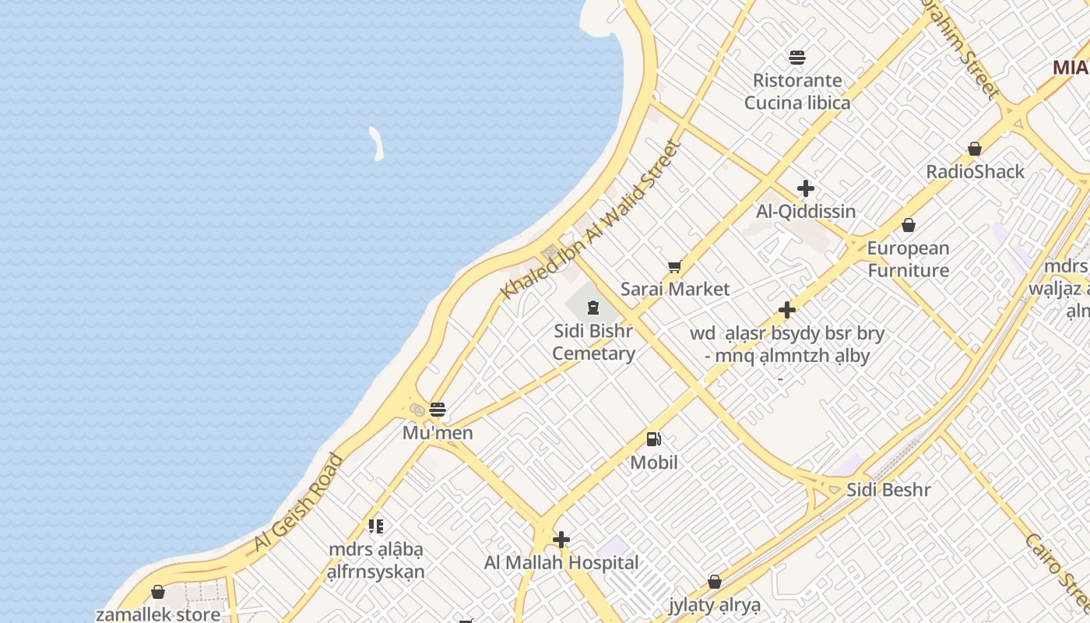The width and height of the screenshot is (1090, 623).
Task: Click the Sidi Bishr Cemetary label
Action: tap(593, 342)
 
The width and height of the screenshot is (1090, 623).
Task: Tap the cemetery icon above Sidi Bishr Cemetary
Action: tap(593, 307)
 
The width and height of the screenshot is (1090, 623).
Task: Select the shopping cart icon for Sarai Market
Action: tap(674, 267)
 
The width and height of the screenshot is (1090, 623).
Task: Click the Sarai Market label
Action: tap(675, 289)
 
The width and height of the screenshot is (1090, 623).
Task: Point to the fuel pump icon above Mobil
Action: tap(654, 440)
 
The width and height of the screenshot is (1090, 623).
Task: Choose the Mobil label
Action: tap(654, 463)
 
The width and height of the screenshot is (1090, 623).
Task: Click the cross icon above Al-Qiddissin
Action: tap(806, 188)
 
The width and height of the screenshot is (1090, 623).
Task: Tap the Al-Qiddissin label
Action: tap(806, 211)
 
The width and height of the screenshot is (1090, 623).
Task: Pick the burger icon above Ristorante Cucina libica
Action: tap(797, 57)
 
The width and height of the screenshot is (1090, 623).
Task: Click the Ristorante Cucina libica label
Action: tap(797, 91)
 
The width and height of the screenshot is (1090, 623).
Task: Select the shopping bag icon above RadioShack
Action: tap(974, 149)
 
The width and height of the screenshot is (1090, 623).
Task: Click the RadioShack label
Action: tap(975, 171)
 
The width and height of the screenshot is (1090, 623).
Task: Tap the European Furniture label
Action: tap(909, 259)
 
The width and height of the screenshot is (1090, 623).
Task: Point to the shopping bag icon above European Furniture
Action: tap(908, 226)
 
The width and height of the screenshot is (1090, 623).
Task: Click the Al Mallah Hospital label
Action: tap(561, 562)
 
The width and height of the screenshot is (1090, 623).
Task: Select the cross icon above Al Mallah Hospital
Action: tap(561, 540)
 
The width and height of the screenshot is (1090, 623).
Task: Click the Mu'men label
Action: tap(438, 432)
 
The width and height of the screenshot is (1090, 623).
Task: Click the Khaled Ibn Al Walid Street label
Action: tap(591, 220)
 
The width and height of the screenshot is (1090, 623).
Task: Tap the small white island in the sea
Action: tap(377, 144)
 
